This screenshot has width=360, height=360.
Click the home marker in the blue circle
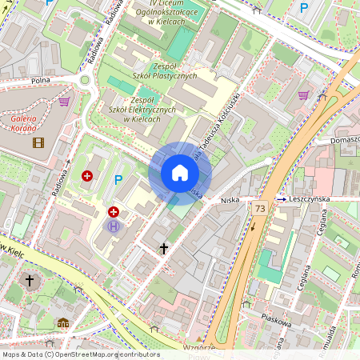(x=180, y=173)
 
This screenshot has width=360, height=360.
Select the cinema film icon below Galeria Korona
(x=38, y=143)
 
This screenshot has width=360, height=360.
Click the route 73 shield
(x=260, y=208)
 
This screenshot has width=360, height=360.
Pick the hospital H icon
(x=114, y=226)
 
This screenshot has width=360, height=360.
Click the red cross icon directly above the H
(x=114, y=212)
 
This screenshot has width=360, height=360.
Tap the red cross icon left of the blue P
(x=87, y=174)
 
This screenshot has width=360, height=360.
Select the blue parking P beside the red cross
(x=119, y=180)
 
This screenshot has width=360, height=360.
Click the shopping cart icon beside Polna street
(x=64, y=102)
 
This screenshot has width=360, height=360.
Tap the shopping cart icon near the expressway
(x=303, y=95)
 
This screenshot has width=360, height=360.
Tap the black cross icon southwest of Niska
(x=164, y=249)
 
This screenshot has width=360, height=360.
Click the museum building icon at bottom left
(x=63, y=323)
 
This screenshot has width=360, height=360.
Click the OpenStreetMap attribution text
(x=80, y=354)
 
